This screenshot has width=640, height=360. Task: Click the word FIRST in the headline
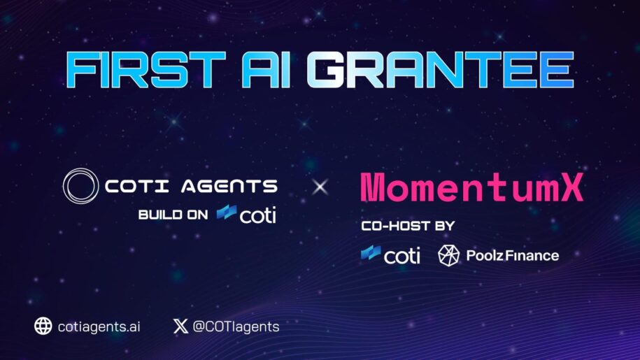(x=145, y=70)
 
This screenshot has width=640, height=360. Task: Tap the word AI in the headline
(x=266, y=70)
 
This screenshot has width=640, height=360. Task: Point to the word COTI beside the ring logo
(x=136, y=187)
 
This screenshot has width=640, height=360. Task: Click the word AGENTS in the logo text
(x=229, y=187)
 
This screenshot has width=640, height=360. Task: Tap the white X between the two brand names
(x=320, y=187)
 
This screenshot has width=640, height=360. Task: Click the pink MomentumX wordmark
(x=472, y=187)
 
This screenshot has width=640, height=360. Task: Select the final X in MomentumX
(x=571, y=187)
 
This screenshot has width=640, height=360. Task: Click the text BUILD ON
(x=173, y=215)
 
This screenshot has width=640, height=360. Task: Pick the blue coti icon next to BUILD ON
(x=227, y=212)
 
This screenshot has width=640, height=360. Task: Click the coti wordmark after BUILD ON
(x=258, y=215)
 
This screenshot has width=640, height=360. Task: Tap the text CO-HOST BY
(x=408, y=226)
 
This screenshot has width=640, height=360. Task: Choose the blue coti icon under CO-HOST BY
(x=371, y=253)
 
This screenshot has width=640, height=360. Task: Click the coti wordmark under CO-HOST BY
(x=402, y=256)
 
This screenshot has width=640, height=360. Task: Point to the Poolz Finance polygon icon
(x=448, y=256)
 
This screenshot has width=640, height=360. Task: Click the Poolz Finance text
(x=513, y=256)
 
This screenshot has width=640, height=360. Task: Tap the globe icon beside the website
(x=43, y=326)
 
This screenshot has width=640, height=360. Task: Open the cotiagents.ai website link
(x=99, y=326)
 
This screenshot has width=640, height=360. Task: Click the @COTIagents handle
(x=236, y=326)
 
